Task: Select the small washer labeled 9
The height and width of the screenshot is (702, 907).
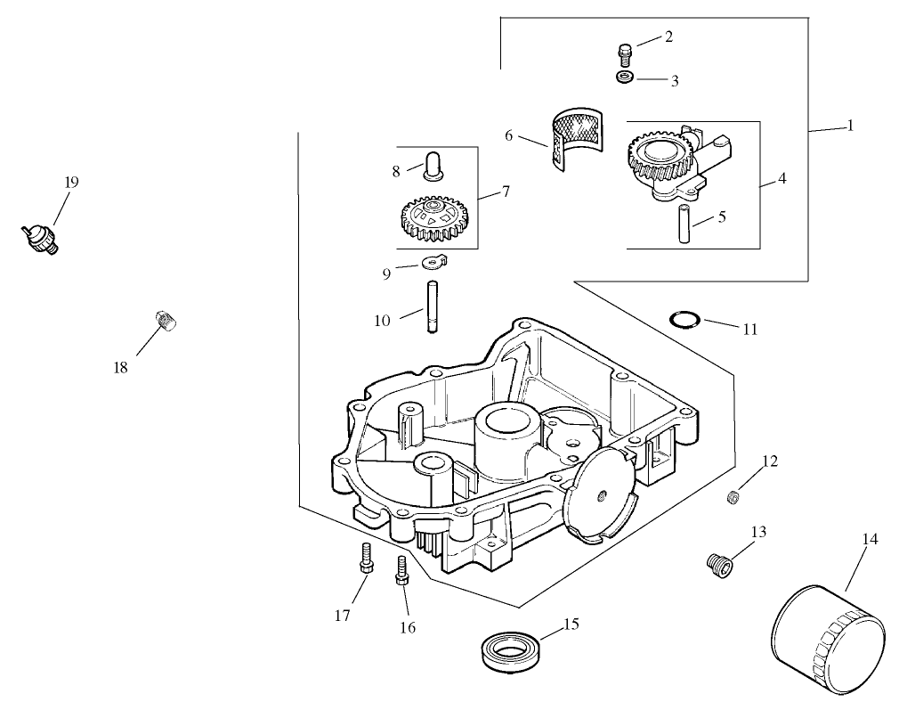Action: [433, 262]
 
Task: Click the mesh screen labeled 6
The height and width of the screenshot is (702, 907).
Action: [574, 138]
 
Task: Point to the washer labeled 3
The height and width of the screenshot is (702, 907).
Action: [626, 79]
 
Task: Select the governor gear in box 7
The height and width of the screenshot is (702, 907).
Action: [432, 218]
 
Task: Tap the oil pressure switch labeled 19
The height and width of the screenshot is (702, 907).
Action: [41, 238]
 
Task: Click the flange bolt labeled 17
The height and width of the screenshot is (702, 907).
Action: [366, 559]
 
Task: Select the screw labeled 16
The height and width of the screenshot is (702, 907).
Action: [401, 570]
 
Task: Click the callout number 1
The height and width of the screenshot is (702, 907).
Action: [849, 126]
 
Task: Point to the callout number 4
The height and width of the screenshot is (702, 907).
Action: [781, 177]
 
